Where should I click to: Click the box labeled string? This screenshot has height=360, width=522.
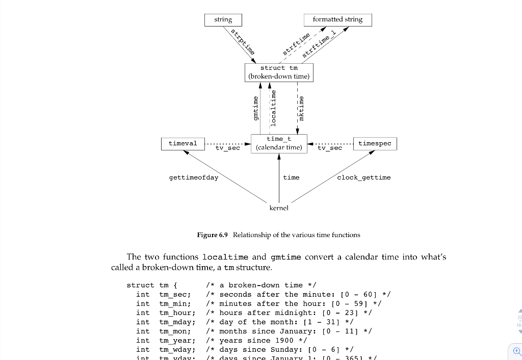[x=223, y=20]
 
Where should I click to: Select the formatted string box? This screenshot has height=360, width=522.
[x=338, y=20]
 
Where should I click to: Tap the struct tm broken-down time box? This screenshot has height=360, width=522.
[x=279, y=72]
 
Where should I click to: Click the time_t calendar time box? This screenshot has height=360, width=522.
[x=279, y=143]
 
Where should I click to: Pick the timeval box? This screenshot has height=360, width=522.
[x=182, y=143]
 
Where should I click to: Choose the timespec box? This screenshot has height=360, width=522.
[x=375, y=143]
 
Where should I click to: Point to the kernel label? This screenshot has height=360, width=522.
[x=279, y=208]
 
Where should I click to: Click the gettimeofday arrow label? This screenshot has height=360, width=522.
[x=193, y=177]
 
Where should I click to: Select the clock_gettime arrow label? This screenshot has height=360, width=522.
[x=363, y=177]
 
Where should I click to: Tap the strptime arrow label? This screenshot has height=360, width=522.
[x=243, y=42]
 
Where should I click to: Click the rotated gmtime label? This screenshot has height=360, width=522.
[x=256, y=108]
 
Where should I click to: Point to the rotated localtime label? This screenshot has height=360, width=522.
[x=273, y=108]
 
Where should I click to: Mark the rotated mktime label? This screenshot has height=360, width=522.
[x=301, y=108]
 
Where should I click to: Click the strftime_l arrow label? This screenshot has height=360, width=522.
[x=319, y=44]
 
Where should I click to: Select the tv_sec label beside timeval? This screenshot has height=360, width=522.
[x=227, y=148]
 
